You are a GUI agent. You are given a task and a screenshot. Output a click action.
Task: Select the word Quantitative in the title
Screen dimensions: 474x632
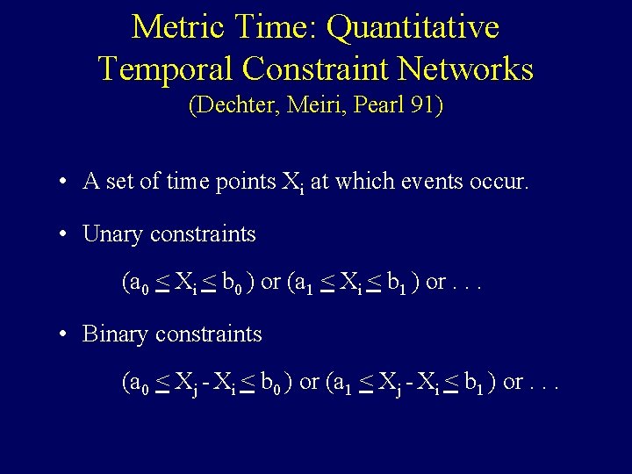tap(413, 27)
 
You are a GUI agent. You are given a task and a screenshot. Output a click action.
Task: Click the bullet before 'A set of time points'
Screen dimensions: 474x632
tap(65, 183)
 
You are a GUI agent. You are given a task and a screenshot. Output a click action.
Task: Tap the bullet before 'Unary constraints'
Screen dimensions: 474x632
tap(65, 234)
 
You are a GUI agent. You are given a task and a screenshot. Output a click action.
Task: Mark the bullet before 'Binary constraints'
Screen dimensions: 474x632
tap(65, 334)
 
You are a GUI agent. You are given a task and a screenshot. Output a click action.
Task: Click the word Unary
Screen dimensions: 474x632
tap(112, 235)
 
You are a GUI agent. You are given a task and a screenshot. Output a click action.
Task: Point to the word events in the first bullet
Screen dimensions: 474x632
tap(433, 182)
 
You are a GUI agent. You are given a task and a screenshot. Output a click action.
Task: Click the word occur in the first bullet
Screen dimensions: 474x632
tap(501, 182)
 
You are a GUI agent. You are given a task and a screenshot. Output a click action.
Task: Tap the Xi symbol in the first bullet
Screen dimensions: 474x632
tap(291, 183)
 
